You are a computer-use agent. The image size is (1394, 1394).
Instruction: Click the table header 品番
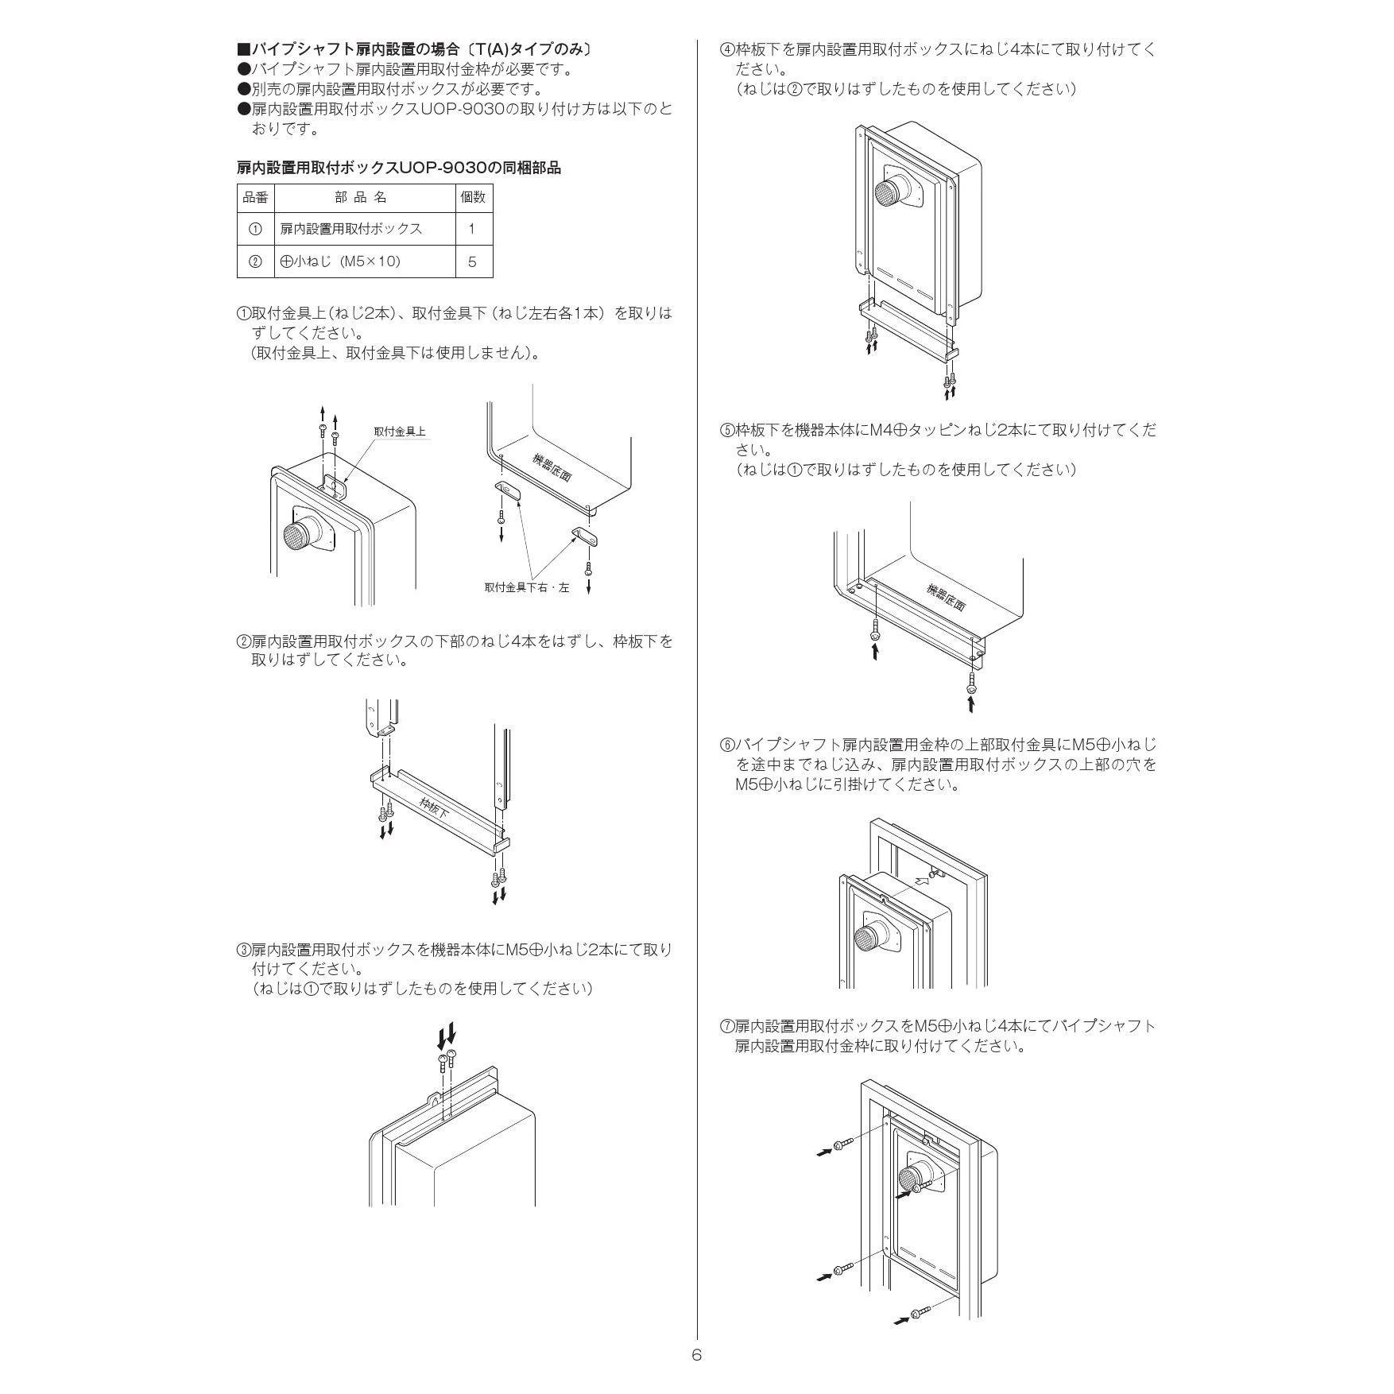[x=255, y=197]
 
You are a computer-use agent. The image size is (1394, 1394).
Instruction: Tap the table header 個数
[x=473, y=197]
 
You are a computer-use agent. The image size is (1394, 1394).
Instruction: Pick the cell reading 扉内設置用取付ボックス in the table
[x=350, y=229]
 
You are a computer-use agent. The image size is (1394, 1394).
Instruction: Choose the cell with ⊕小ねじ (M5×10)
[x=340, y=261]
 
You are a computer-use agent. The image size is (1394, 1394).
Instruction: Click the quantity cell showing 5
[x=473, y=261]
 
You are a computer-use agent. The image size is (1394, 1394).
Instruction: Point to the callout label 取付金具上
[x=400, y=432]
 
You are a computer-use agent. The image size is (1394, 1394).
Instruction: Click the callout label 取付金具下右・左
[x=527, y=588]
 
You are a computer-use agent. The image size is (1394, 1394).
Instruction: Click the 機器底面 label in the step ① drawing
[x=552, y=467]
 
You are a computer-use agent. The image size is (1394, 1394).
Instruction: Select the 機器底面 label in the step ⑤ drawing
[x=946, y=597]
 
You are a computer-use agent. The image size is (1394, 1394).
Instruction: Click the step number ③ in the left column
[x=244, y=950]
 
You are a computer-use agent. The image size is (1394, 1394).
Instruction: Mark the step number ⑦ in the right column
[x=726, y=1026]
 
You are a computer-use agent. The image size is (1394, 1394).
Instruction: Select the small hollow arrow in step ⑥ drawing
[x=922, y=881]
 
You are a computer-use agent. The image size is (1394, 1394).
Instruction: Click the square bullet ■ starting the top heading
[x=244, y=49]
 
